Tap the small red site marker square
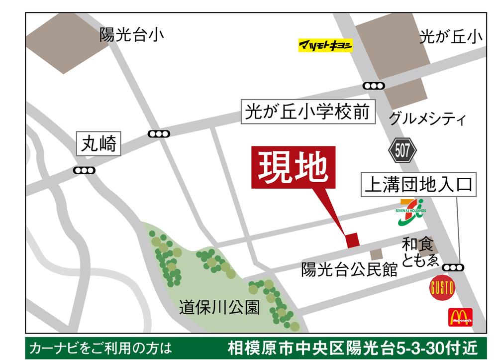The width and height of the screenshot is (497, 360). [353, 240]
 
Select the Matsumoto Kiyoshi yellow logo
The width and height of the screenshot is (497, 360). [325, 46]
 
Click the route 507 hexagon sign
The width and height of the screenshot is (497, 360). [402, 150]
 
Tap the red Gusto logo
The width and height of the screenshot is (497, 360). [442, 288]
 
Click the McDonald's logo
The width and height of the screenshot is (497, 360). [460, 317]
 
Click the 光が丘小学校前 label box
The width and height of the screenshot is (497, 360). [308, 113]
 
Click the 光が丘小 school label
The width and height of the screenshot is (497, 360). [451, 37]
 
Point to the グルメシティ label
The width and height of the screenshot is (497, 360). [427, 119]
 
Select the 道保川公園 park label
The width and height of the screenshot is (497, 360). [219, 308]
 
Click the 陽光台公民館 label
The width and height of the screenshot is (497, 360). [349, 270]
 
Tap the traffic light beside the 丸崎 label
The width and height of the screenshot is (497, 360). [84, 171]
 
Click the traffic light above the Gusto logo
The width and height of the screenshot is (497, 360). [453, 267]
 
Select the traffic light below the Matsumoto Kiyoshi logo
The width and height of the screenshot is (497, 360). [374, 86]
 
